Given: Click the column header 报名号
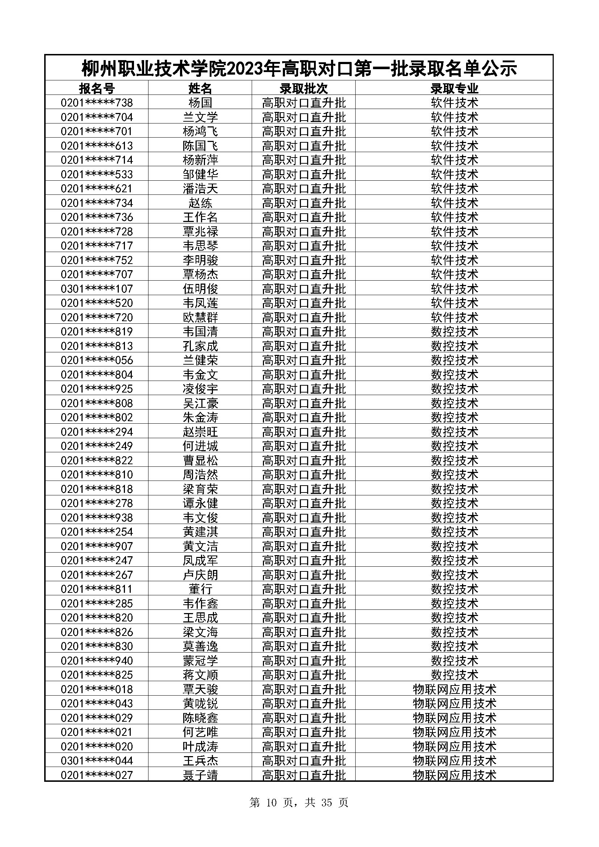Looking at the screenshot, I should pos(97,88).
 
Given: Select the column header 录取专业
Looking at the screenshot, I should pos(454,88).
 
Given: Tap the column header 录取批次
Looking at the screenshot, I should pos(303,88).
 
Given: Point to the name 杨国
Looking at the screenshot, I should pos(200,102).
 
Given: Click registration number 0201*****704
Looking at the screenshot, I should pos(97,117).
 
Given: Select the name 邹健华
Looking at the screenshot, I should pos(200,174).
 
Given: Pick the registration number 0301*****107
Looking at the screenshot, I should pos(97,289).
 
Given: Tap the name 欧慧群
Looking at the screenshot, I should pos(200,317).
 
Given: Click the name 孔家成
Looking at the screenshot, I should pos(200,346).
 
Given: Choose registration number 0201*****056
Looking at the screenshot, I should pos(97,360).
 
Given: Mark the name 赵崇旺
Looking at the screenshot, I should pos(200,432).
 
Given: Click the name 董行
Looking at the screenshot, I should pos(200,589).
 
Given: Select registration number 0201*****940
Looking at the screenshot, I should pos(97,661).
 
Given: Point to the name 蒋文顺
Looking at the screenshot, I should pos(200,675).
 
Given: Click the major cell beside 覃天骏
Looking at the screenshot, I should pos(454,689).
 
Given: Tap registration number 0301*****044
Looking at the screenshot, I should pos(97,760).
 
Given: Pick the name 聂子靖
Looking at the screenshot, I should pos(200,775).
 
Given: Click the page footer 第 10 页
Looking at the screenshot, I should pos(273,802).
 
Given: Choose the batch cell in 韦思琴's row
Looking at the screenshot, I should pos(303,246).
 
